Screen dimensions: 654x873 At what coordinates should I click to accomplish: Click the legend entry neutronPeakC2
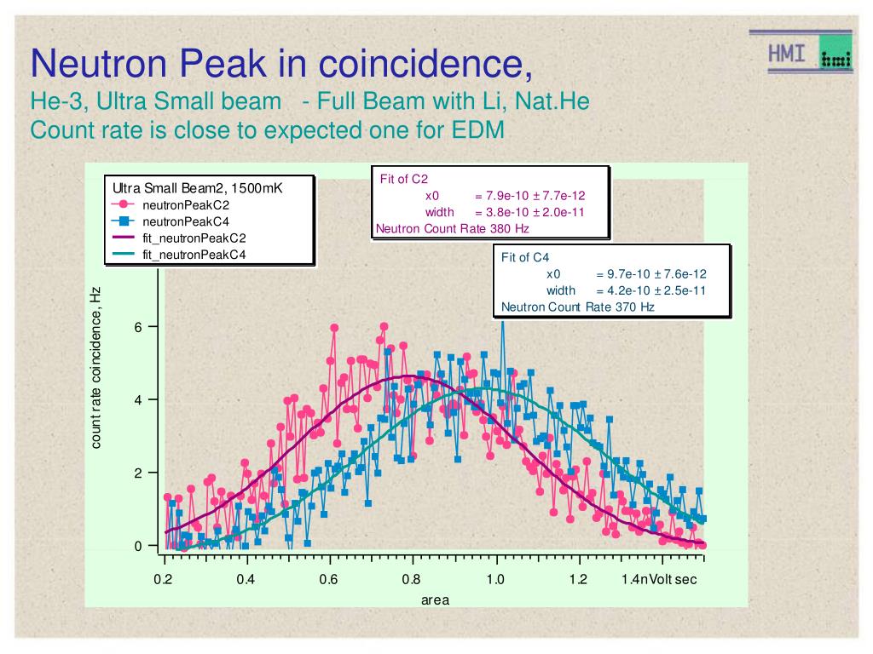coord(185,204)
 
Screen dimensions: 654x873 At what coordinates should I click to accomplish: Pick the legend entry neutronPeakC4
coord(185,221)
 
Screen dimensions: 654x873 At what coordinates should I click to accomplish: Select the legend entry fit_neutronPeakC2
coord(194,238)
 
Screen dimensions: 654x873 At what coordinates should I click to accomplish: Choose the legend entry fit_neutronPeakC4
coord(194,254)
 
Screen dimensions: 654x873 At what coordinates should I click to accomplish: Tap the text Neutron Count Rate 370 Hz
coord(577,307)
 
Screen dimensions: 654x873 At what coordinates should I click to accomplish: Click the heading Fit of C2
coord(403,179)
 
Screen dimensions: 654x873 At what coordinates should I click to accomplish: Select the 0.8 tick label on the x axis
coord(412,580)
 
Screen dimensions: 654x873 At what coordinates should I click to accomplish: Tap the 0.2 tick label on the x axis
coord(164,580)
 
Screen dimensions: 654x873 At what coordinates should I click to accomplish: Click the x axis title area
coord(435,599)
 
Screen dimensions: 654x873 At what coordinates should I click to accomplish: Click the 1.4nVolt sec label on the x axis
coord(660,580)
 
